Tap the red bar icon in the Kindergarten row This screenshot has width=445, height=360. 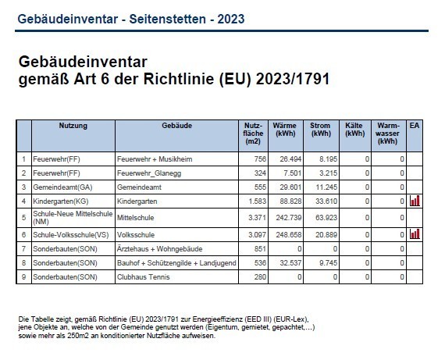click(415, 201)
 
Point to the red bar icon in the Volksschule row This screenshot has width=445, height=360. click(415, 233)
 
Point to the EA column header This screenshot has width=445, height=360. click(415, 126)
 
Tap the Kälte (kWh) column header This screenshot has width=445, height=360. click(354, 130)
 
